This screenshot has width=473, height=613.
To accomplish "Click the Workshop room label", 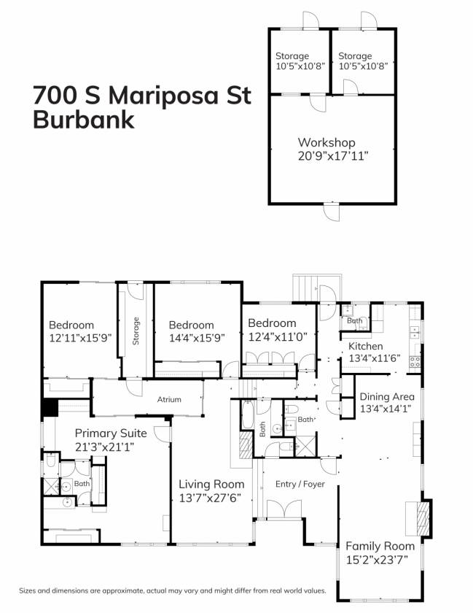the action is [x=326, y=142].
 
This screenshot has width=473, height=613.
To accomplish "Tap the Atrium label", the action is [x=169, y=399].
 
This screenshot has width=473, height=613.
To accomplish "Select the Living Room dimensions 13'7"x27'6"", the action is [x=210, y=498].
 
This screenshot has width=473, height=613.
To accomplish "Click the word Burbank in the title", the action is [x=84, y=120].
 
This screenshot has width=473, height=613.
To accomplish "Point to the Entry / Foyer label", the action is [x=300, y=484].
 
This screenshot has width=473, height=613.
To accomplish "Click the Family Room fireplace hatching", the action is [x=423, y=518].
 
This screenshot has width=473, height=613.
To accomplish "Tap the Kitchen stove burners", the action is [x=415, y=362].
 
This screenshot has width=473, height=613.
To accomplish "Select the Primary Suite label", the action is [x=111, y=433].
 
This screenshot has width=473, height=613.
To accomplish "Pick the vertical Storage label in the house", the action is [x=136, y=331].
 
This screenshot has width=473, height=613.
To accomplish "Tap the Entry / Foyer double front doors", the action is [x=284, y=509].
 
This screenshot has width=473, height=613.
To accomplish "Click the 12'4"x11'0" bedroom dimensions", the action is [x=278, y=336].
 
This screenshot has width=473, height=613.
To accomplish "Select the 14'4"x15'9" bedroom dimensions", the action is [x=197, y=337].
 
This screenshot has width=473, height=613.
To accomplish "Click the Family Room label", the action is [x=380, y=546].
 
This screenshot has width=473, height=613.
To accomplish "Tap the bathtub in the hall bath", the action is [x=248, y=415].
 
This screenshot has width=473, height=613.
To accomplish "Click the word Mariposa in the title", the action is [x=162, y=96].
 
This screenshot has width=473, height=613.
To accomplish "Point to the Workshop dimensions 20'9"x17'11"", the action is [x=333, y=156].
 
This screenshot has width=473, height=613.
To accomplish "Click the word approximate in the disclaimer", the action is [x=122, y=590].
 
